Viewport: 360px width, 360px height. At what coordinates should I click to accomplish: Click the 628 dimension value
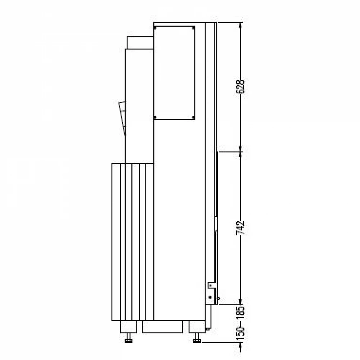coord(240,86)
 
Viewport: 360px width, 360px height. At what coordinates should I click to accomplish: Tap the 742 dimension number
coord(240,228)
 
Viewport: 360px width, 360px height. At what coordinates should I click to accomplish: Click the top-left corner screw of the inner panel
coord(156,28)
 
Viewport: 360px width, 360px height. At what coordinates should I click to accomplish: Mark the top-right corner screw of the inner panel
coord(193,28)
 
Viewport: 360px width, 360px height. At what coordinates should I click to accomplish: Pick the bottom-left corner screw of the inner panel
coord(156,118)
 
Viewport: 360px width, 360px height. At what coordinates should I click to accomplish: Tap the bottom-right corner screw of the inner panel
coord(193,118)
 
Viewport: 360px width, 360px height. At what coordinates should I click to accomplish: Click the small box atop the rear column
coord(140,43)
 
